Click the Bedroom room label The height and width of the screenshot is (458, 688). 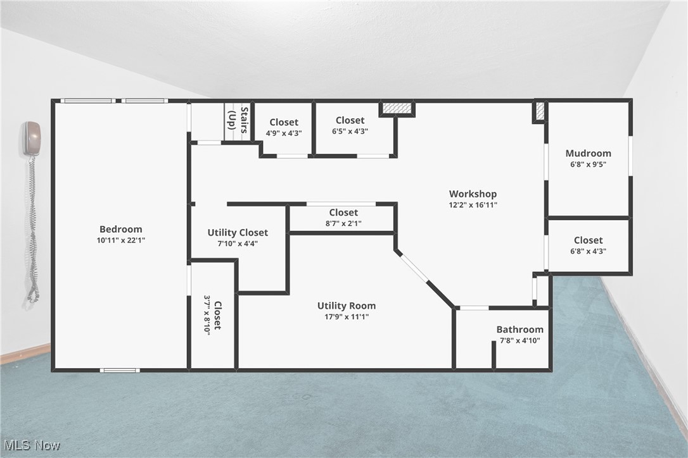click(120, 229)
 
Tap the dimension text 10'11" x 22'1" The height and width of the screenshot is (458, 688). click(120, 240)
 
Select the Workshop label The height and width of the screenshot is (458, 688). click(473, 194)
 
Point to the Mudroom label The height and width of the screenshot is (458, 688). click(588, 153)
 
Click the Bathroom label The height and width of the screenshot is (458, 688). click(519, 329)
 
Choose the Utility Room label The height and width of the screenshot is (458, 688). click(346, 306)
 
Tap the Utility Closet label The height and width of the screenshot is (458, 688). click(238, 232)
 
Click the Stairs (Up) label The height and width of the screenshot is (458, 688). click(238, 120)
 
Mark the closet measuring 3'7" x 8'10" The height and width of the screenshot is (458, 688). click(212, 315)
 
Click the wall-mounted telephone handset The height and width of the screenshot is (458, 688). click(32, 139)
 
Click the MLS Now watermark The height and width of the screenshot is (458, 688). click(31, 445)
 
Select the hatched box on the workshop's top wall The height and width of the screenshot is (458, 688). click(397, 108)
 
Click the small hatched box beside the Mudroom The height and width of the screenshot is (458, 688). click(540, 111)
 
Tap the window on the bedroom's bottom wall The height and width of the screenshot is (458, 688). click(120, 370)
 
